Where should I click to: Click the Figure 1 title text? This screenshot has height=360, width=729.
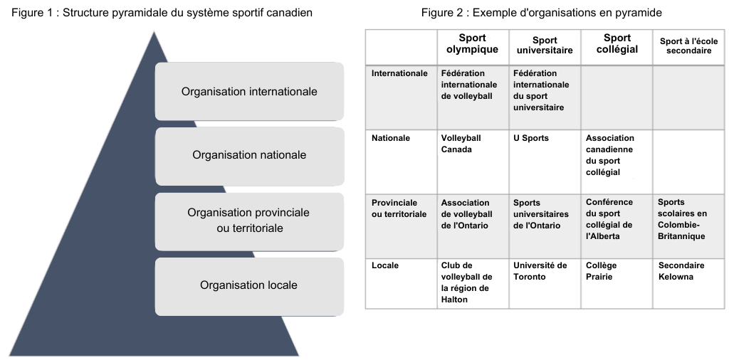click(162, 13)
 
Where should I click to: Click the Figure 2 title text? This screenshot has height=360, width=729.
click(541, 13)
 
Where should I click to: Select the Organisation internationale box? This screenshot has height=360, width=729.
click(249, 92)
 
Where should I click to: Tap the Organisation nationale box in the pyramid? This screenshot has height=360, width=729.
click(249, 155)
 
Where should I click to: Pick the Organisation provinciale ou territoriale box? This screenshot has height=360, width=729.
click(249, 221)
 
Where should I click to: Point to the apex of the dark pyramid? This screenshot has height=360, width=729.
click(154, 31)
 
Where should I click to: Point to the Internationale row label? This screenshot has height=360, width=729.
click(399, 73)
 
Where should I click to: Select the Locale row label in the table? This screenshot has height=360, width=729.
click(385, 265)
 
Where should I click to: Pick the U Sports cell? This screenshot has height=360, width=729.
click(545, 162)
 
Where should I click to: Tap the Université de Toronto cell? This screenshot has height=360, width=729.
click(545, 283)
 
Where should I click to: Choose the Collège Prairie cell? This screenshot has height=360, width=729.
click(617, 283)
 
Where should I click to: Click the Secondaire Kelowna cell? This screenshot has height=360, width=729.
click(688, 283)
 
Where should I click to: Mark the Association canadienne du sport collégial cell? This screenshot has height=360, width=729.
click(617, 162)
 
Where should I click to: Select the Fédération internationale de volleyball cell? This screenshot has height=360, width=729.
click(473, 97)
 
